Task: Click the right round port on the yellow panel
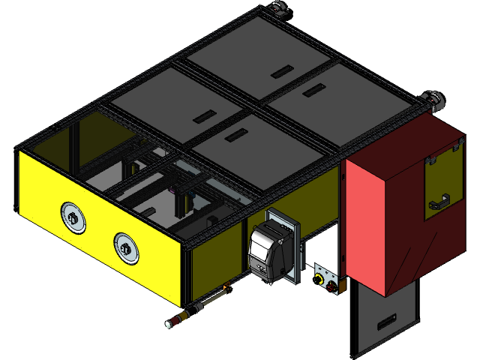coord(126,247)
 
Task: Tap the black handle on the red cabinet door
coord(439,202)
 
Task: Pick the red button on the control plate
coord(331,286)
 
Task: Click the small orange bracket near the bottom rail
coord(226,286)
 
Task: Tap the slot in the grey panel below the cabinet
coord(389,323)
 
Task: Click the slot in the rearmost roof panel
coord(283,71)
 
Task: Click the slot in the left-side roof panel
coord(204,116)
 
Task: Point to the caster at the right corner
coord(433,99)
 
